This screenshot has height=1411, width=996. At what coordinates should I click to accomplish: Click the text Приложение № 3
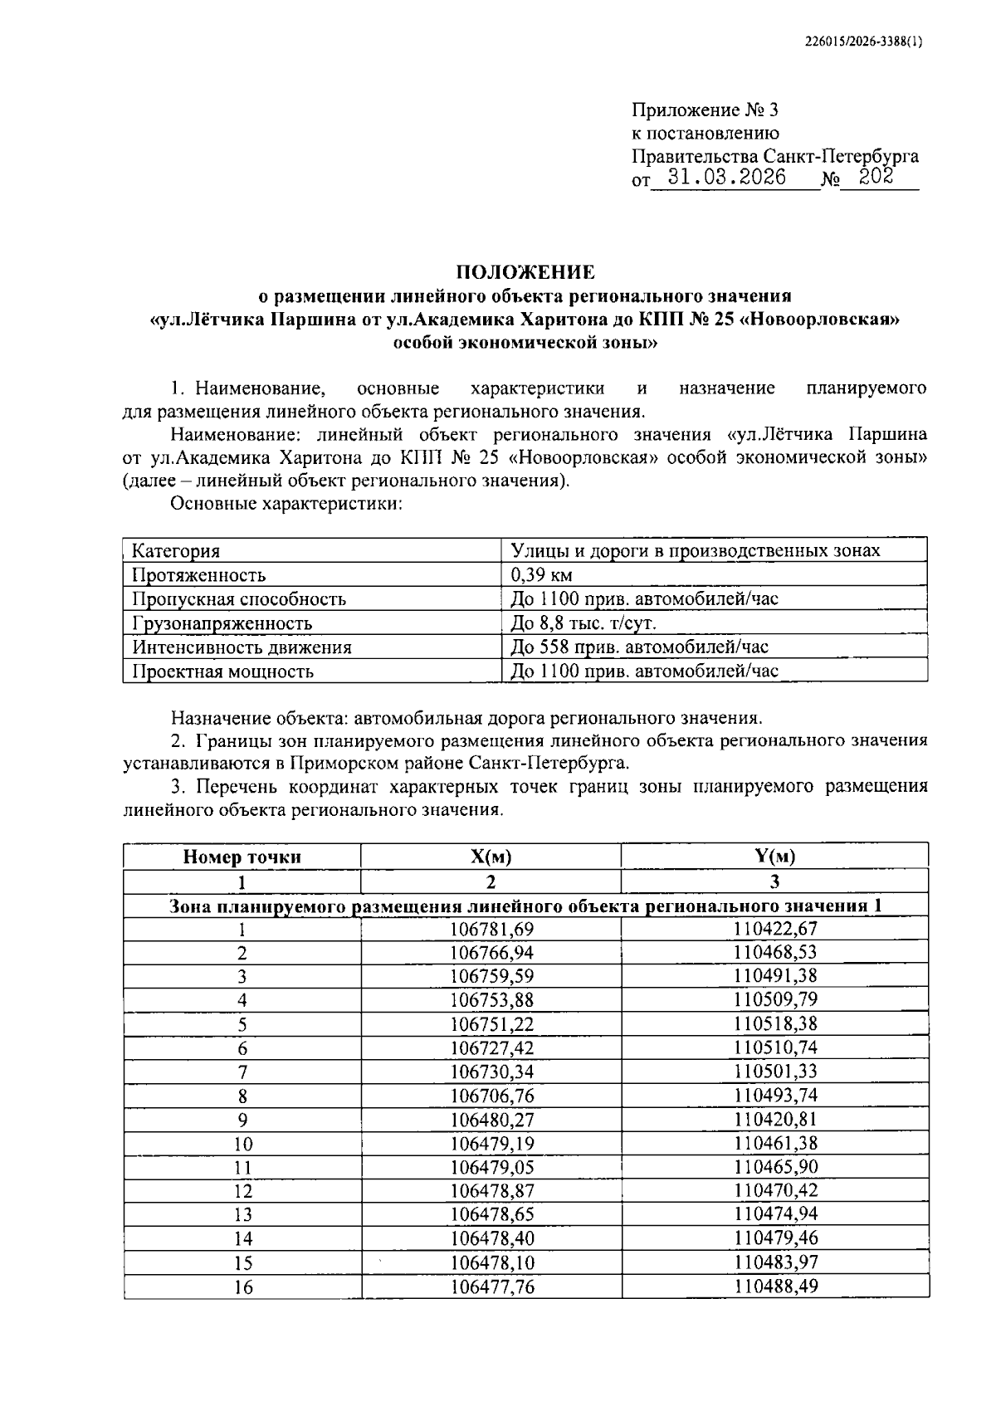705,110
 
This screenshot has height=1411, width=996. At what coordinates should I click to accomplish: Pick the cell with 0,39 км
541,574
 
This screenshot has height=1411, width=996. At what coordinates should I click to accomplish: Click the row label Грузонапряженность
222,622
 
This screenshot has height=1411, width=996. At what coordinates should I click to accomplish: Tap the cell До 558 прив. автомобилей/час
639,647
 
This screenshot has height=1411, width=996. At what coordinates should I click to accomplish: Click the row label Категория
176,551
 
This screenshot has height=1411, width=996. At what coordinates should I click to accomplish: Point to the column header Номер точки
242,857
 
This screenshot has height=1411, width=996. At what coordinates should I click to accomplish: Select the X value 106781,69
491,929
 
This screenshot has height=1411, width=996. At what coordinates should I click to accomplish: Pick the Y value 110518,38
775,1024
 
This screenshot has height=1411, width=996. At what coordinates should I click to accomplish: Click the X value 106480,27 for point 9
491,1120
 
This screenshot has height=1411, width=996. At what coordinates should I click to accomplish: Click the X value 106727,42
491,1048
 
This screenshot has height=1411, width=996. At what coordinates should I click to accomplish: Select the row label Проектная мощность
222,671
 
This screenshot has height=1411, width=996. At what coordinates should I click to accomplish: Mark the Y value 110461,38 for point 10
775,1144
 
